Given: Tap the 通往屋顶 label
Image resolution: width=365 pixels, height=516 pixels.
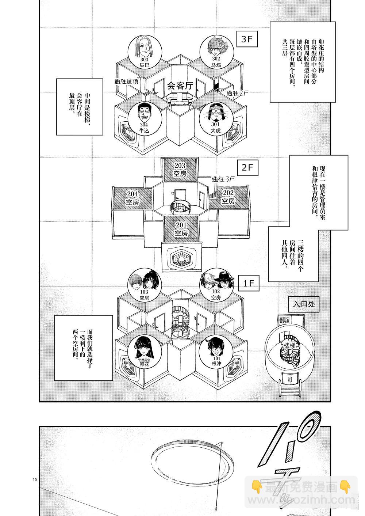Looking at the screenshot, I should (x=127, y=82).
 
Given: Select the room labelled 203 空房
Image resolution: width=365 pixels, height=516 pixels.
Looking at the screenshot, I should (x=180, y=170).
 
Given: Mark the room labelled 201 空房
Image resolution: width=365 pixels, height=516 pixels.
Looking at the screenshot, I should (x=181, y=229).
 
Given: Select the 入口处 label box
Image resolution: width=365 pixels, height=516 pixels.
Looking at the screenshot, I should (x=304, y=304).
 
